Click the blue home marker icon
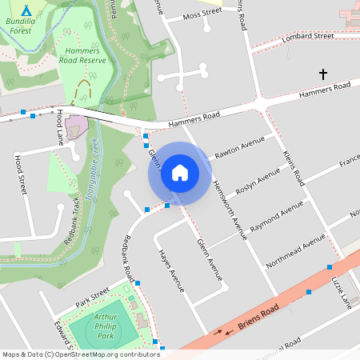pos(180,173)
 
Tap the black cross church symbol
pos(323,74)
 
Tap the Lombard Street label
pos(311,36)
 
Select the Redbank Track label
pos(70,218)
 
